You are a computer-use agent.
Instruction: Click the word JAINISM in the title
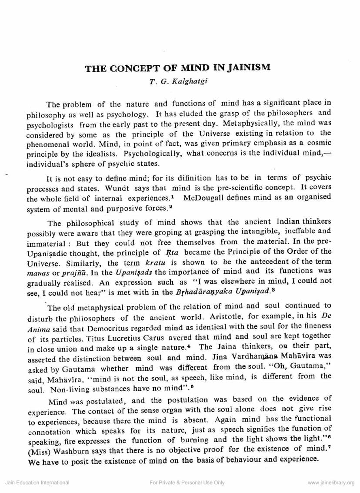(247, 68)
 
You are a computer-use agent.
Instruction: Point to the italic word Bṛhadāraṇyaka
(194, 291)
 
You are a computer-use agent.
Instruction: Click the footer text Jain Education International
(37, 483)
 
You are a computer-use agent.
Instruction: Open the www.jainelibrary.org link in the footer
(330, 483)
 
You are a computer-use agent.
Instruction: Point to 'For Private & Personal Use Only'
(187, 483)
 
